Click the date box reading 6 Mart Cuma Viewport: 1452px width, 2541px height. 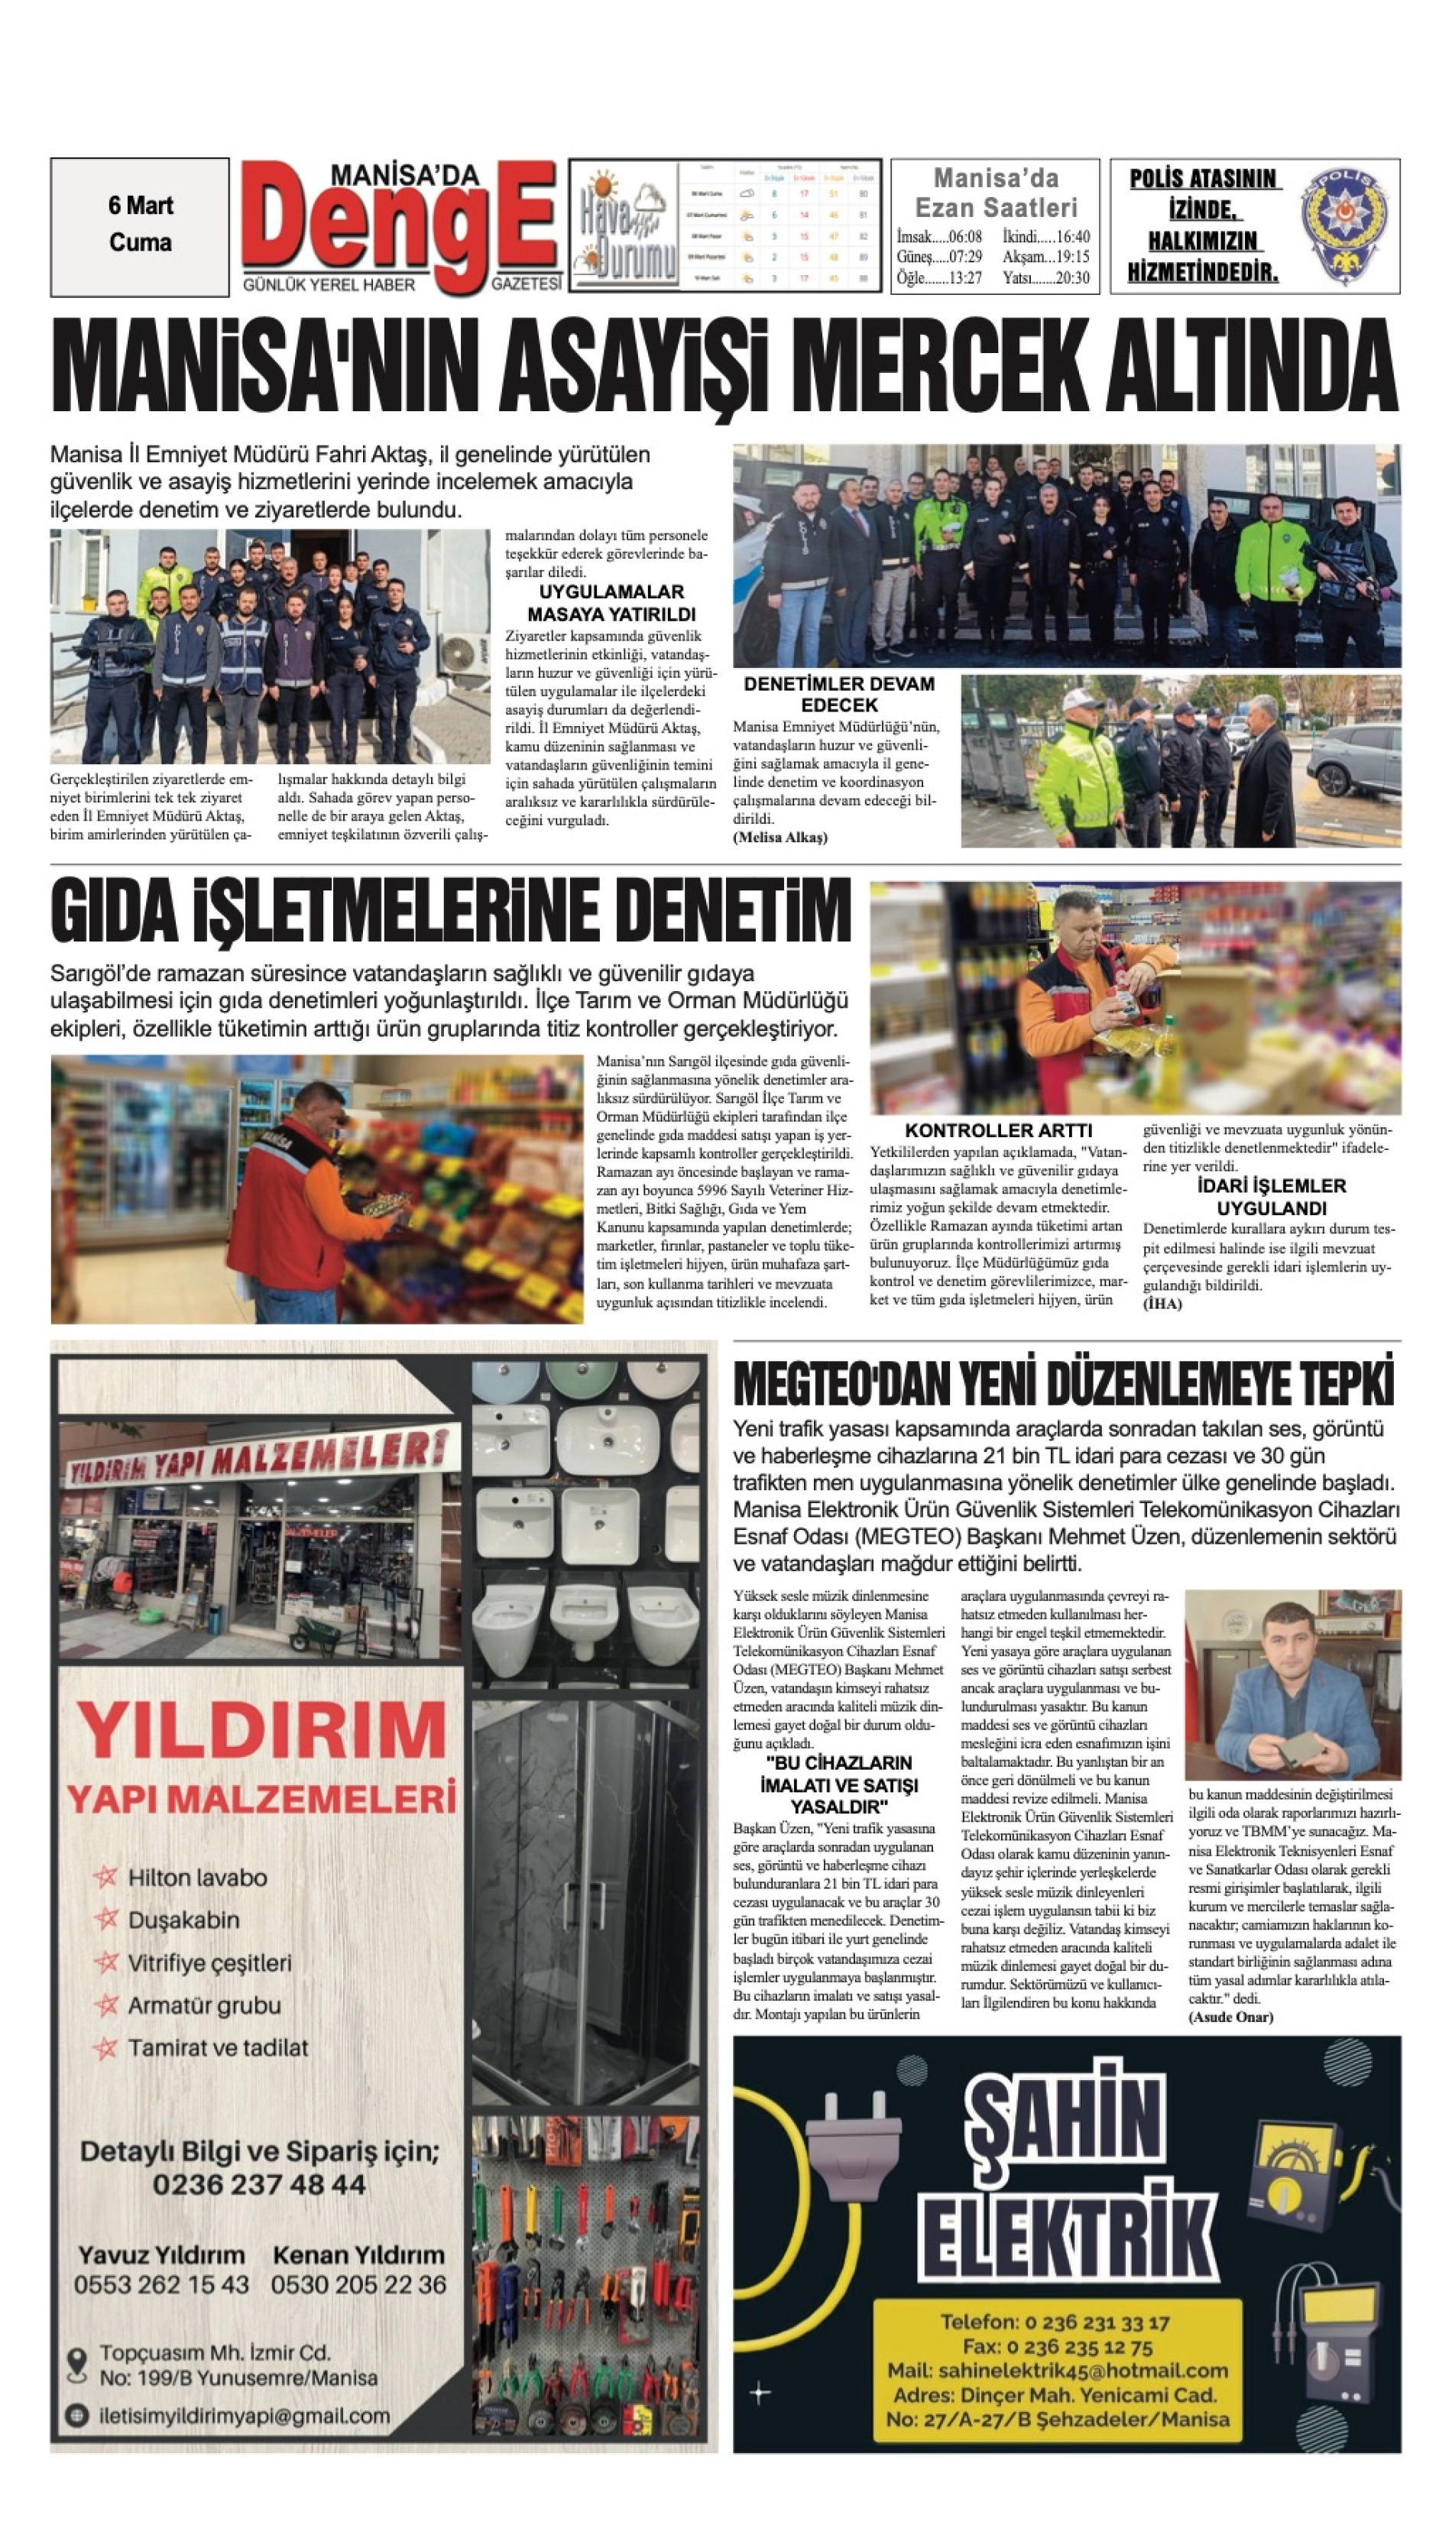[140, 225]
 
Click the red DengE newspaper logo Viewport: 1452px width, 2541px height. [399, 225]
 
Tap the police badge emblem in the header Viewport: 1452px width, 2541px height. [1347, 226]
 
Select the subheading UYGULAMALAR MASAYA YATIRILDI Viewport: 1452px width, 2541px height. [611, 603]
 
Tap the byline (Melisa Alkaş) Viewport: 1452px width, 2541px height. [781, 838]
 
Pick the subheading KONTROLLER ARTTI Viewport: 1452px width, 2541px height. [998, 1130]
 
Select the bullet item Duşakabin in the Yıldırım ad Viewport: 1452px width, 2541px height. [183, 1920]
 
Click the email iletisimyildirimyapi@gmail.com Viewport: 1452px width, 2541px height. [245, 2416]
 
